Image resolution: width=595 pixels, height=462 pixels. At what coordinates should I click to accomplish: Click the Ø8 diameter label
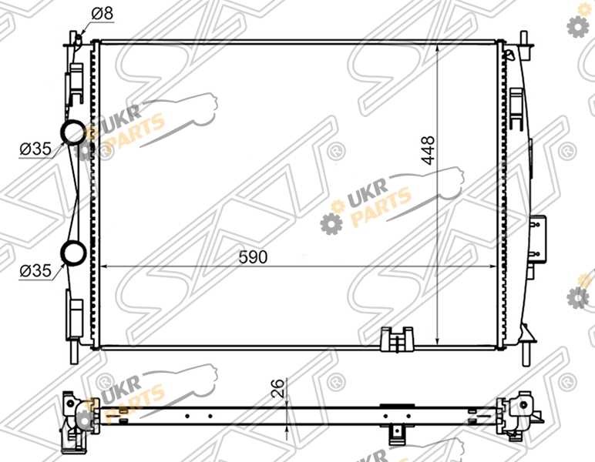(103, 13)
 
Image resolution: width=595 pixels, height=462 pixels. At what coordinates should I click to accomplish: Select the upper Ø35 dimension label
(35, 149)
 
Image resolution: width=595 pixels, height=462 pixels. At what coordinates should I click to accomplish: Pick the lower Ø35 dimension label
(35, 271)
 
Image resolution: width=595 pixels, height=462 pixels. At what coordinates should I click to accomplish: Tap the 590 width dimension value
(253, 257)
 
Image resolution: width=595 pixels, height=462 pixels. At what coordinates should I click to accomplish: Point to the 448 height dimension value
(429, 150)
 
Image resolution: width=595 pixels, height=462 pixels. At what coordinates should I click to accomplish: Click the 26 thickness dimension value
(278, 388)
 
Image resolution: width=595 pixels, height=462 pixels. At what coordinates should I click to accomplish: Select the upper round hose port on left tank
(74, 132)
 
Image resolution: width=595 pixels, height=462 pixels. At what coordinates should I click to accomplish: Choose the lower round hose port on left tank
(74, 253)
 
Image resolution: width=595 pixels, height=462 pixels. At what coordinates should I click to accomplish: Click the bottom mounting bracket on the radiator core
(397, 340)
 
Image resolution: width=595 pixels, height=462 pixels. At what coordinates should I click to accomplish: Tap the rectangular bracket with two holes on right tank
(539, 238)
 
